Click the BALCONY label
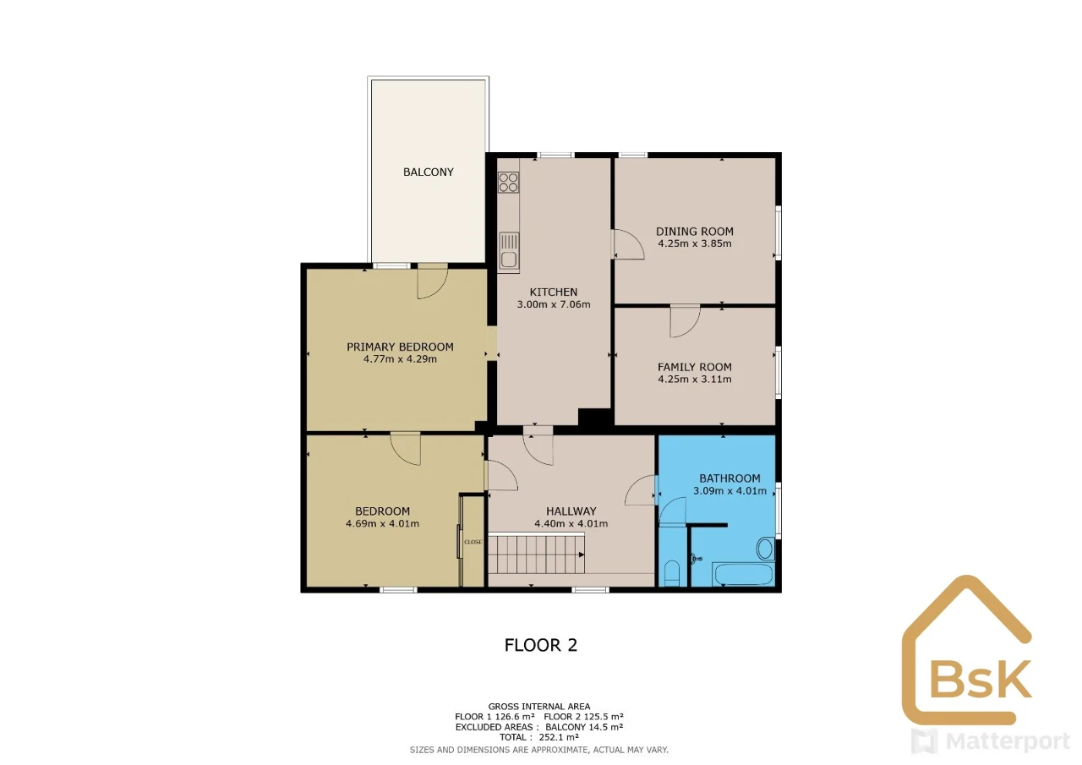pos(429,172)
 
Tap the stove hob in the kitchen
pos(509,183)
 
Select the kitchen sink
pos(509,252)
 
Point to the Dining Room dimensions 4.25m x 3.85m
pos(695,243)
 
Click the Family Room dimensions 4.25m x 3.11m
pos(695,380)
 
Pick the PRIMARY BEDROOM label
pos(400,347)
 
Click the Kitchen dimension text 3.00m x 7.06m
pos(554,304)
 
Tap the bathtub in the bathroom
pos(743,574)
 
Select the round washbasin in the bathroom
pos(765,548)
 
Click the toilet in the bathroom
pos(672,573)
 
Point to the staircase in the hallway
pos(536,554)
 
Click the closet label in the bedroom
pos(473,542)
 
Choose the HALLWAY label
pos(571,511)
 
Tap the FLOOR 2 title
pos(540,645)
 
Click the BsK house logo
pos(966,652)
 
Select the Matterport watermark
pos(990,741)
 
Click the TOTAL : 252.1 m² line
pos(539,737)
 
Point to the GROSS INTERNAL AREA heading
pos(539,707)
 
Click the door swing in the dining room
pos(629,244)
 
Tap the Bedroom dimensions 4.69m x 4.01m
pos(382,523)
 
